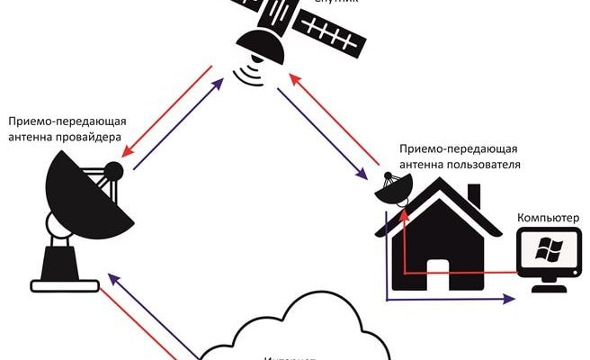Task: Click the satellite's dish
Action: click(x=262, y=44)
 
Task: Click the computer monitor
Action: click(x=548, y=252)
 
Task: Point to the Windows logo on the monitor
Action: click(x=548, y=249)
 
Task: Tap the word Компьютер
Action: click(x=548, y=218)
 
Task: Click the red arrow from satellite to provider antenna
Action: click(x=165, y=107)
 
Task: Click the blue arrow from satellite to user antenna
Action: click(x=327, y=131)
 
